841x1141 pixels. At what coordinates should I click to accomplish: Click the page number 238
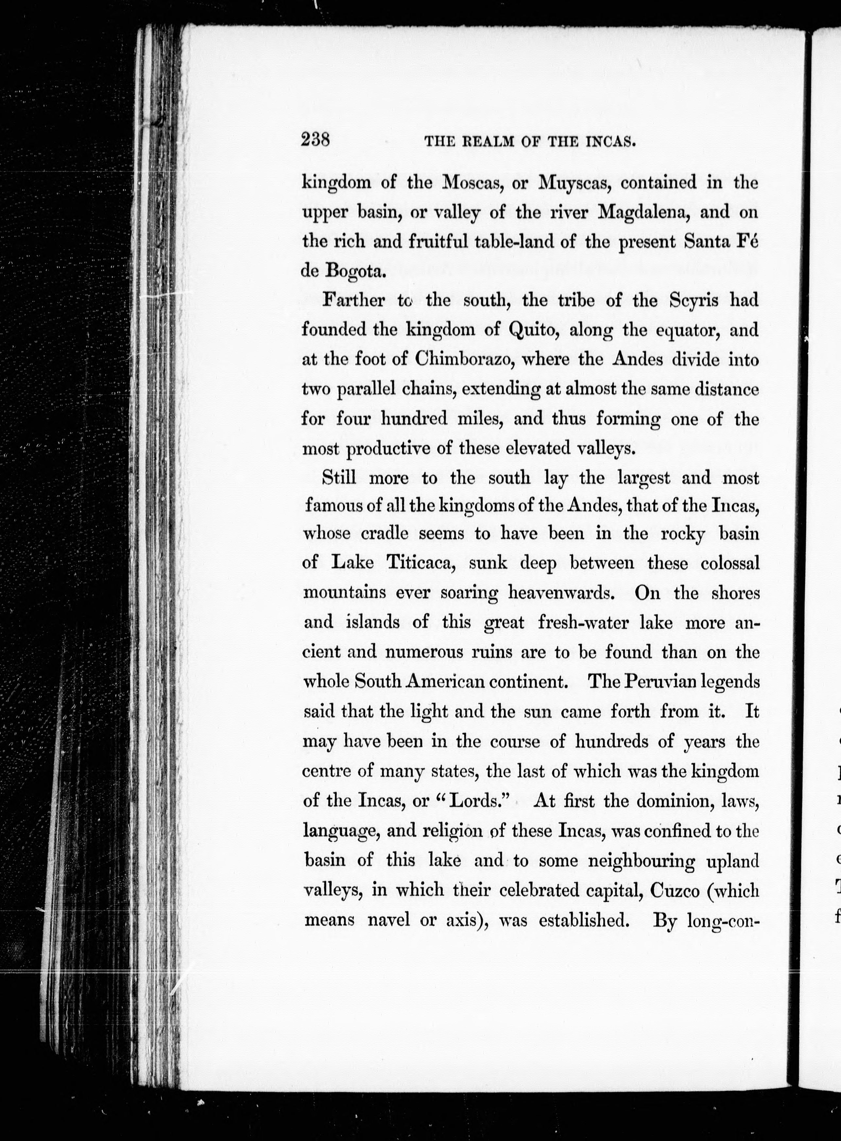tap(316, 139)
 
